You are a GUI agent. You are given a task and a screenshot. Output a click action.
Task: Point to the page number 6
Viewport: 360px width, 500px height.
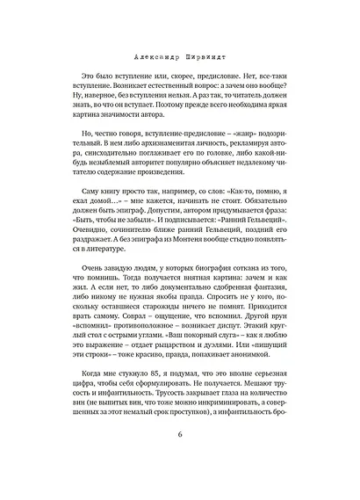179,460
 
